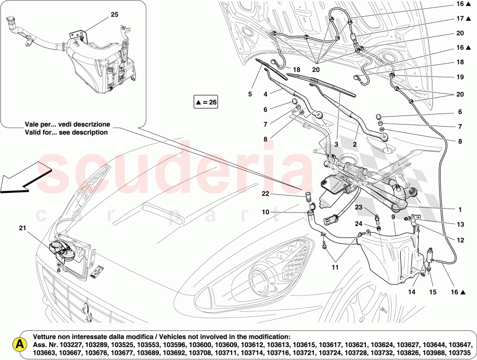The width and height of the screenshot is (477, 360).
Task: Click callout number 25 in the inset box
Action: (114, 14)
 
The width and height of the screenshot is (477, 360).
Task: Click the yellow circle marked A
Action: (19, 344)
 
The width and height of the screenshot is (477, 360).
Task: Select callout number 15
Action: (433, 291)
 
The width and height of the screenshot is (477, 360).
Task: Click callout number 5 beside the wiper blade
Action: (249, 94)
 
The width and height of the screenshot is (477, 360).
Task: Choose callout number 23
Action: (358, 207)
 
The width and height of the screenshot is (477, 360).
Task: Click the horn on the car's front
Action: (62, 250)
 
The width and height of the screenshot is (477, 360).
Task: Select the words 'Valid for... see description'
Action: (67, 132)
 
